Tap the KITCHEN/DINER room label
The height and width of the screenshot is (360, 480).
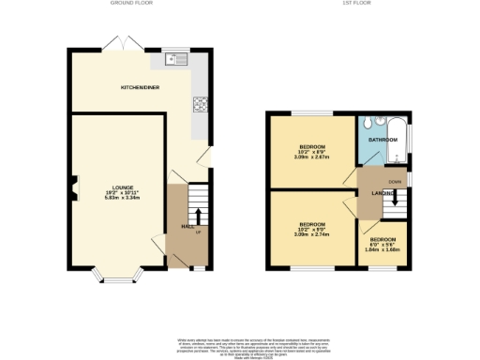138,88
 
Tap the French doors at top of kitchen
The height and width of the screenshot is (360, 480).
118,44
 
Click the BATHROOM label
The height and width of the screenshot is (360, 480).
383,140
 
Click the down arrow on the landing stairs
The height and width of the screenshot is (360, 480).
397,197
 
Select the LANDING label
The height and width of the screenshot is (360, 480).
382,193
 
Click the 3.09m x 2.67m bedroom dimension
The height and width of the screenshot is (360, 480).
312,157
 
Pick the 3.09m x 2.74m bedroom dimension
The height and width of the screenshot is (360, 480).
312,234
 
